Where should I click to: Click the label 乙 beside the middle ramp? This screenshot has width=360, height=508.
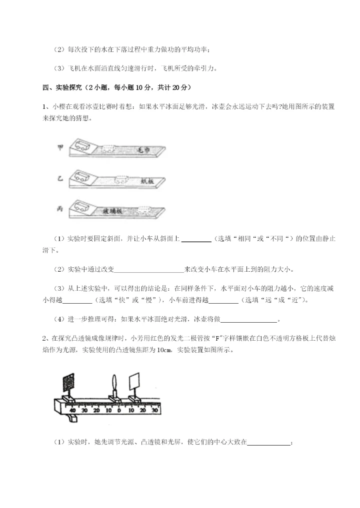click(x=61, y=179)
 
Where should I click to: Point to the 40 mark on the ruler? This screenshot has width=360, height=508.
click(x=73, y=410)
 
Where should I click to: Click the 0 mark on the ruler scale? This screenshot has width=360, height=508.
click(x=119, y=410)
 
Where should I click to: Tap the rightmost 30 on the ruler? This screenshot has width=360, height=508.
click(x=154, y=410)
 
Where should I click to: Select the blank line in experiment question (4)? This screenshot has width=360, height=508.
click(x=248, y=320)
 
